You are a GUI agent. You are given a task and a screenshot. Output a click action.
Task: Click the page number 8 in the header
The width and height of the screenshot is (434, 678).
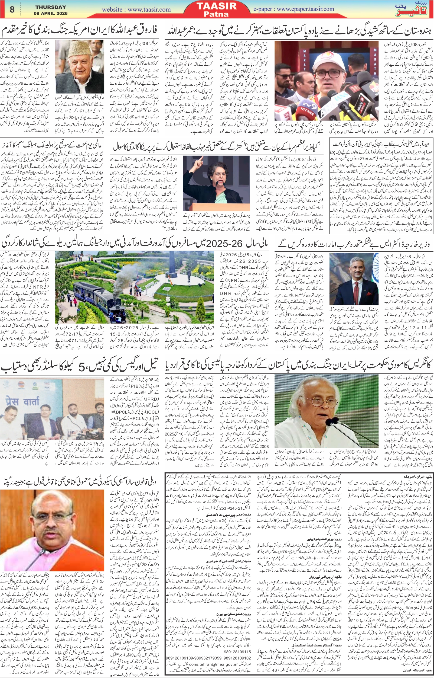coord(12,9)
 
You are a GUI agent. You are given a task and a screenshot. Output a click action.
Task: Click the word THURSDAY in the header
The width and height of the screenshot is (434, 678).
coord(51,7)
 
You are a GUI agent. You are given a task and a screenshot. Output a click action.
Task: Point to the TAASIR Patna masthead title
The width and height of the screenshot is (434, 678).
coord(216,9)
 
